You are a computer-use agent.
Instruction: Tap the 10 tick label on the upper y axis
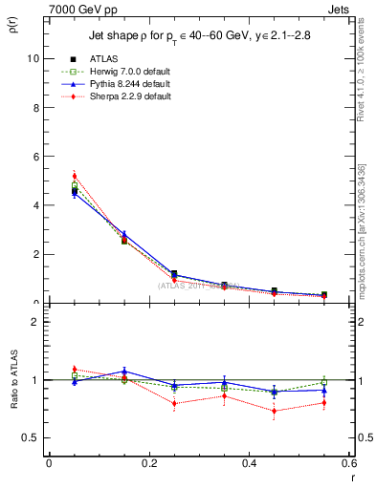click(x=33, y=58)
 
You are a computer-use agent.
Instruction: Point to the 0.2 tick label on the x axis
click(x=148, y=463)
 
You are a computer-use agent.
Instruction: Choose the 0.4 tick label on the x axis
click(x=250, y=463)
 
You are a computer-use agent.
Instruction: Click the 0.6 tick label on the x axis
click(x=348, y=463)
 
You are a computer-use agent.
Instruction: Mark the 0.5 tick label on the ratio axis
click(x=31, y=438)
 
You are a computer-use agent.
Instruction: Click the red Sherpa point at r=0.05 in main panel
click(x=74, y=176)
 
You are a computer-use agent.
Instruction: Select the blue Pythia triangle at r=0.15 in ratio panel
click(x=124, y=372)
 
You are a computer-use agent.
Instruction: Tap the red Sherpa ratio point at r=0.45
click(x=274, y=412)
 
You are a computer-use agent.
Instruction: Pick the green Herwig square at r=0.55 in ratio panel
click(x=324, y=382)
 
